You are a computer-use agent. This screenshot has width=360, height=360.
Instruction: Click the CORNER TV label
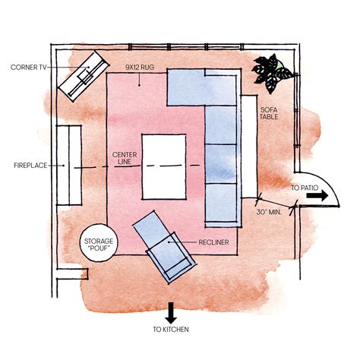pos(29,68)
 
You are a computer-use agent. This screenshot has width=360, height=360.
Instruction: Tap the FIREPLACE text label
pos(30,166)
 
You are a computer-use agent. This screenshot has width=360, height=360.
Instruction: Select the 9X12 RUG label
pos(140,67)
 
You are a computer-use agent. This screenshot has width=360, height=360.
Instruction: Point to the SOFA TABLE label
pos(269,113)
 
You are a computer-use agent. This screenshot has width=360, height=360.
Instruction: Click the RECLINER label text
pos(213,242)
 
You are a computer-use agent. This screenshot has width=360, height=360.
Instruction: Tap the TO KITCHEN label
pos(171,330)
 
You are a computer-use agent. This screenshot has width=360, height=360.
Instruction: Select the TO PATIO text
pos(305,188)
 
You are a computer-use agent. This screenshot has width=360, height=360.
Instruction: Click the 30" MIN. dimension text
pos(269,212)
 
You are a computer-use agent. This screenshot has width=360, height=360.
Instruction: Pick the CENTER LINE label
pos(125,158)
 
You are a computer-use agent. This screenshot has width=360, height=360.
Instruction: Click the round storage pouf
pos(99,243)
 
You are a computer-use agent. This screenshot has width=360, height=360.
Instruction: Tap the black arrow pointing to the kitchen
pos(171,313)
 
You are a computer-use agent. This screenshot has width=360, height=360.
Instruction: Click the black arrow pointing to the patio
pos(317,196)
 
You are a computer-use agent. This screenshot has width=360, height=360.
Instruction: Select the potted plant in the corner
pos(272,73)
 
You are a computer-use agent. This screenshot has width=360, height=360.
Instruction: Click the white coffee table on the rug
pos(164,167)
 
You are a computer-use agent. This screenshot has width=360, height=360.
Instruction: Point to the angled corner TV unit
pos(84,76)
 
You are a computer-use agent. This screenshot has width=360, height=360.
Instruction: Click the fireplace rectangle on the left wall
pos(69,165)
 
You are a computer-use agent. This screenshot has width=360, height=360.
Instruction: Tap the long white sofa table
pos(249,147)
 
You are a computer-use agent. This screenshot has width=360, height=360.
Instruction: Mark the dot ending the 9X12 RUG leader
pos(139,85)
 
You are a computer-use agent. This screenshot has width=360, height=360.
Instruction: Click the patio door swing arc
pos(327,182)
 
